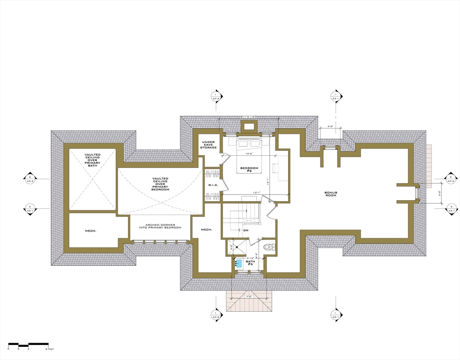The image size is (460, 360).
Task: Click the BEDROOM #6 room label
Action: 247,170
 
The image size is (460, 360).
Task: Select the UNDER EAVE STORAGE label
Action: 209,145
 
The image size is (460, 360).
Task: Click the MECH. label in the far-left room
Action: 90,231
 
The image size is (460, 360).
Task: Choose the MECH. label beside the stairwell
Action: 207,230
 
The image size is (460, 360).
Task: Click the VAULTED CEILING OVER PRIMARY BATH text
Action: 92,160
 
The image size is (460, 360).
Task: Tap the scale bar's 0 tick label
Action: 8,349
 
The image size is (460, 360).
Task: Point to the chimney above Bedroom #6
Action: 248,126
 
